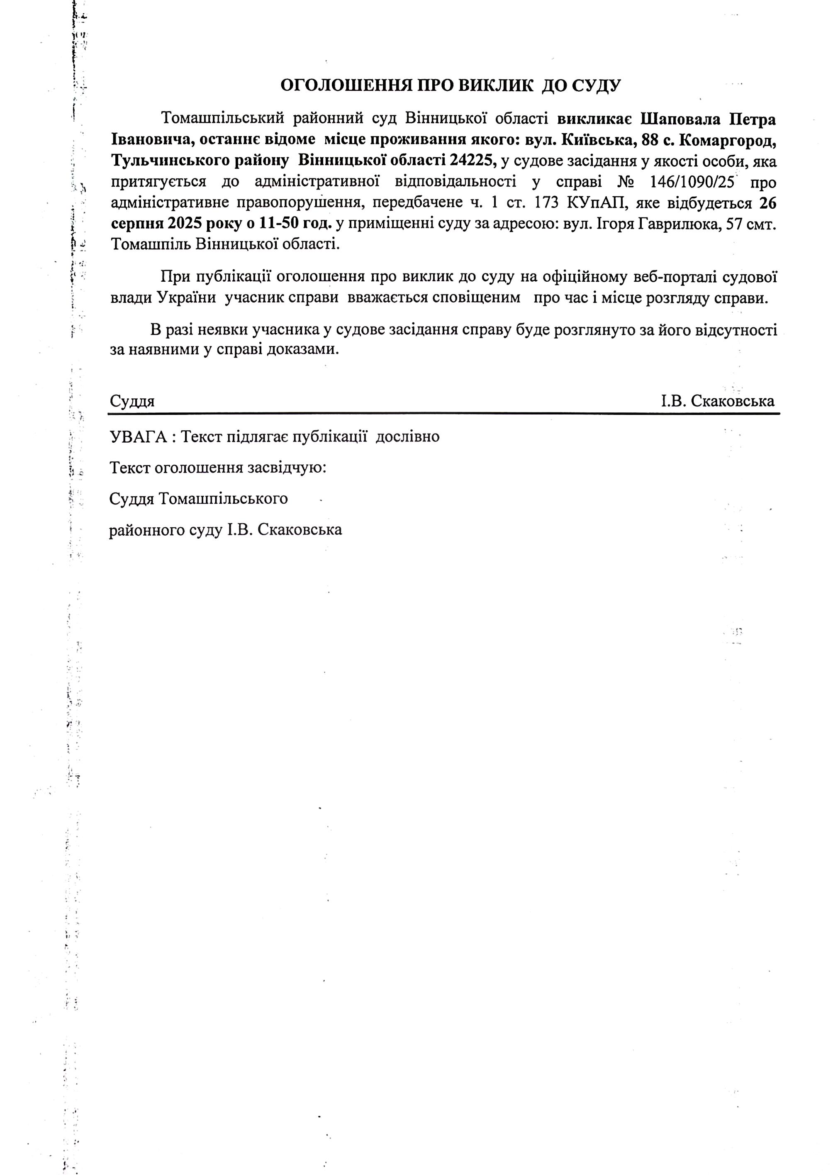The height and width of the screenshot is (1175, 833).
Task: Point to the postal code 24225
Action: [473, 161]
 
